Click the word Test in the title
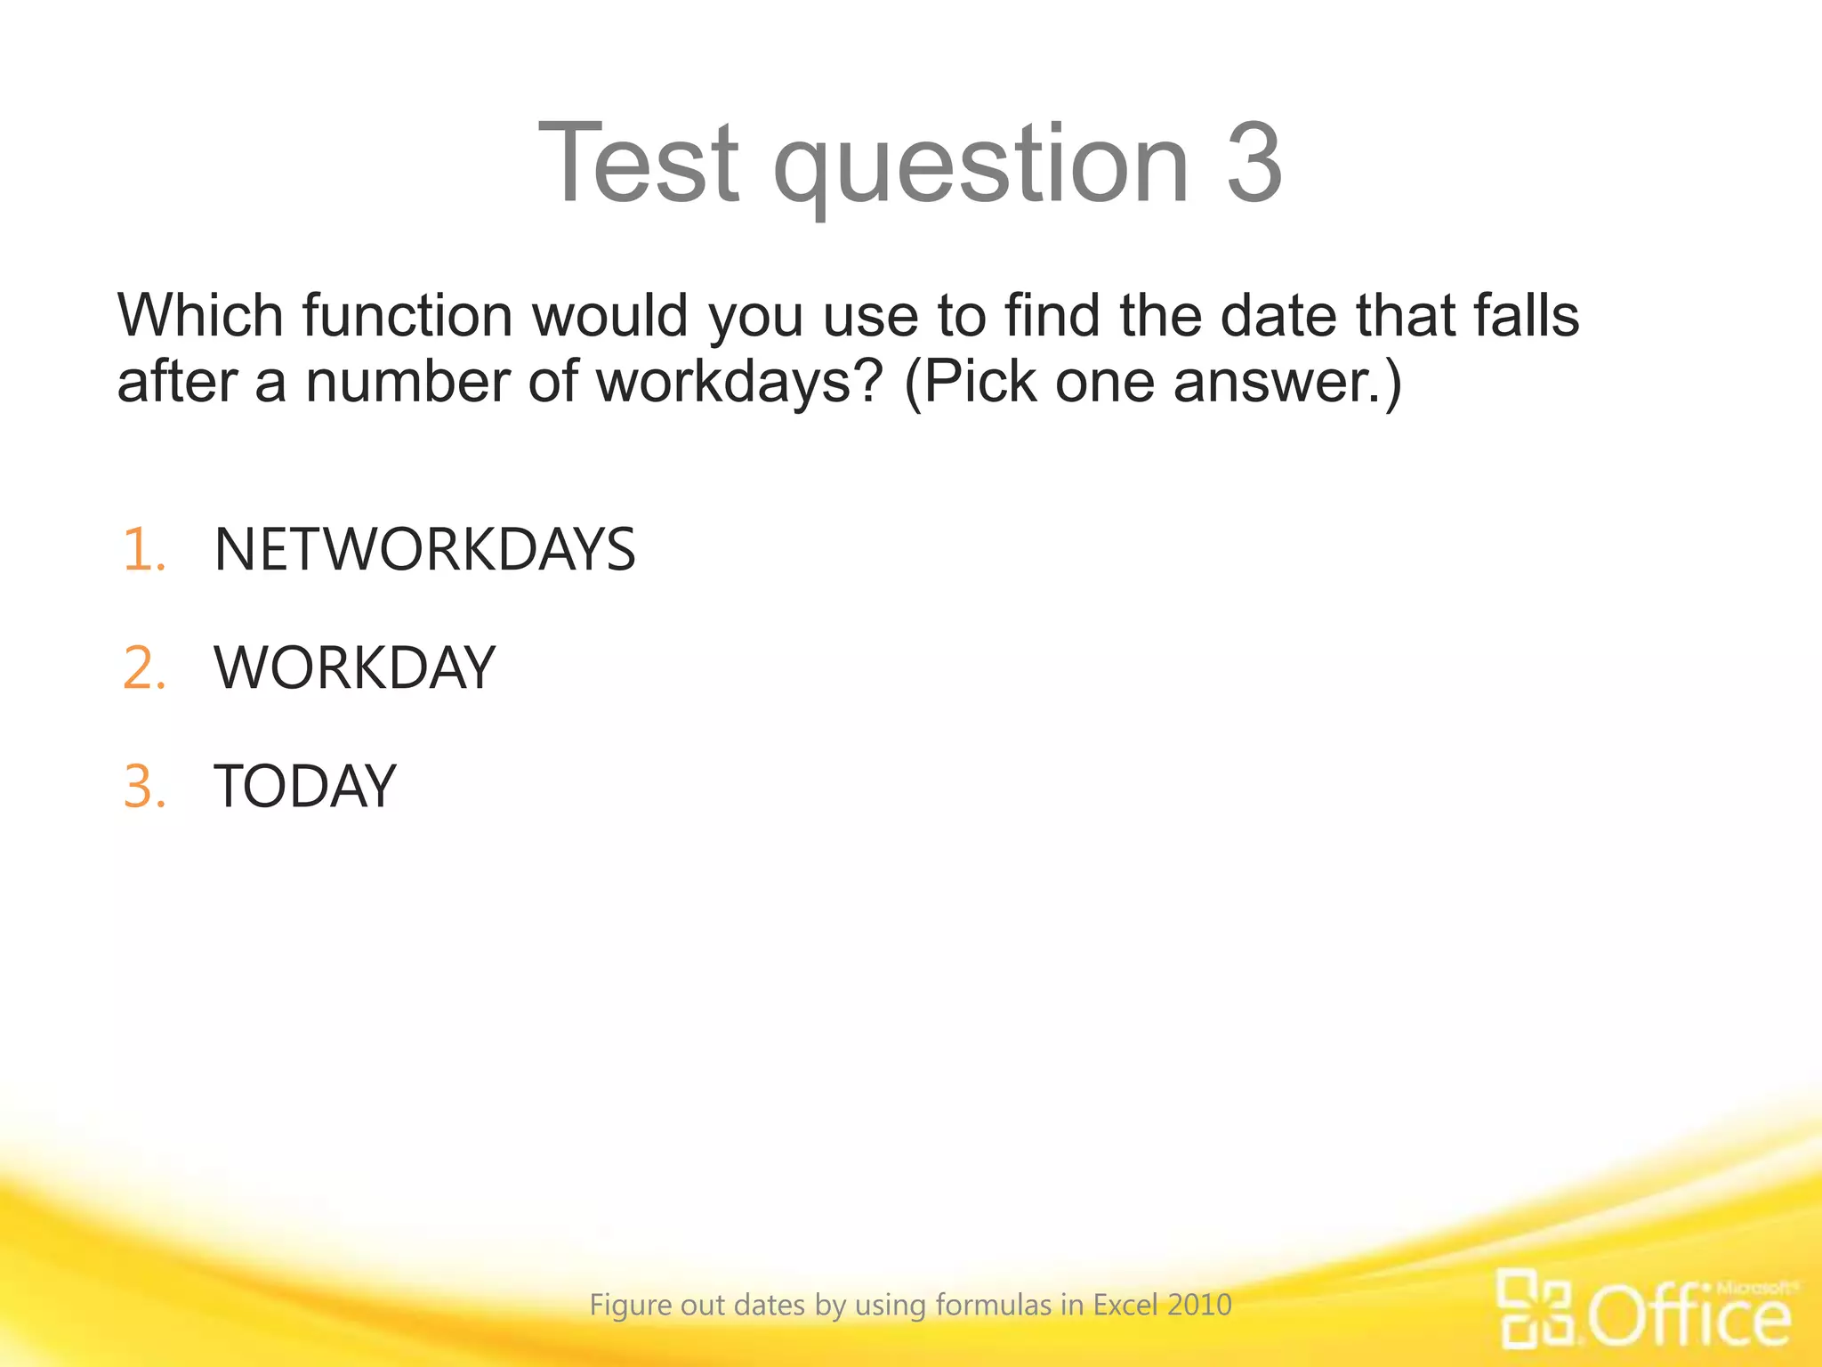[639, 164]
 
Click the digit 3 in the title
[1254, 164]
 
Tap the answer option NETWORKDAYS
[424, 549]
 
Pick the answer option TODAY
[304, 787]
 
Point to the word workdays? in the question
[739, 383]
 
